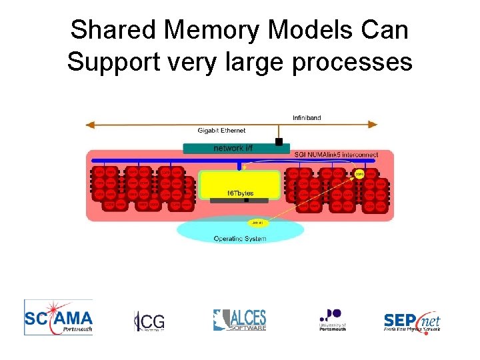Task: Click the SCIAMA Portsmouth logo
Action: [x=58, y=316]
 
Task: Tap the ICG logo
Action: [x=149, y=321]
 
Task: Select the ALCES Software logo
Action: [x=239, y=320]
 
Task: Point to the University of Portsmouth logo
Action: [x=332, y=319]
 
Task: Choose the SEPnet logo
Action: [x=412, y=321]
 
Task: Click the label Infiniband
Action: [x=307, y=118]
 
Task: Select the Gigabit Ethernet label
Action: [x=221, y=131]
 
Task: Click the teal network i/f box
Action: [x=237, y=148]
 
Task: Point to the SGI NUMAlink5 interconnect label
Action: [x=336, y=155]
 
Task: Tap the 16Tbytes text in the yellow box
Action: [x=240, y=193]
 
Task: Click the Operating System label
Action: [x=239, y=238]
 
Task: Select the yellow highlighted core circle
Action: [x=359, y=173]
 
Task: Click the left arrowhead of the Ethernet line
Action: [x=87, y=125]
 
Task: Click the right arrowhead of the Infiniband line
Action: [x=377, y=125]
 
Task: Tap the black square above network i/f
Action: [x=279, y=141]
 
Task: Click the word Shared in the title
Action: [x=109, y=31]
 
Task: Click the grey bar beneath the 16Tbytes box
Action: [x=239, y=200]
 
